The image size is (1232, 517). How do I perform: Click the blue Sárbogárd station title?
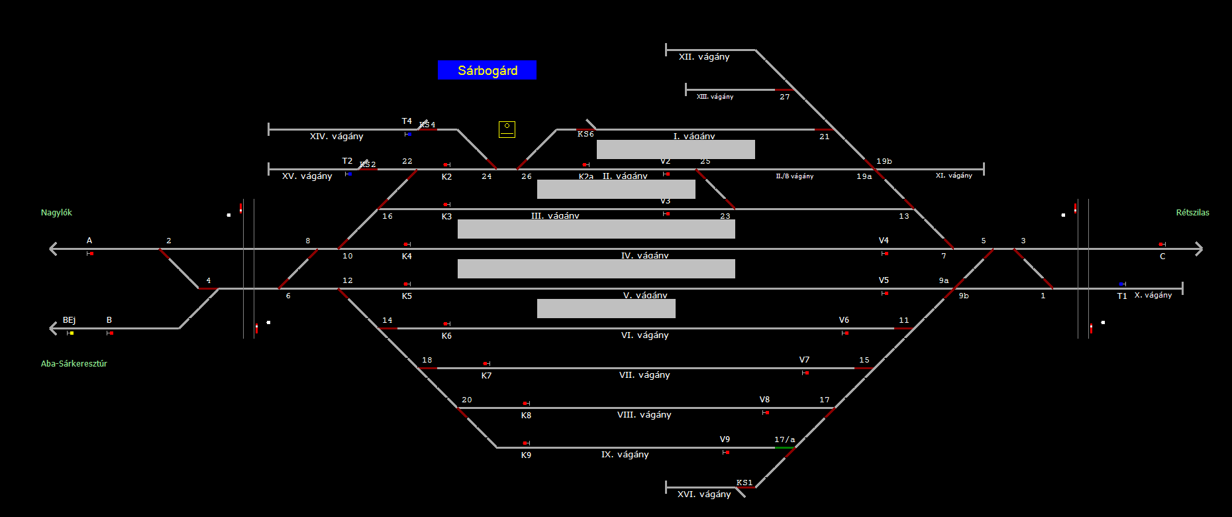487,70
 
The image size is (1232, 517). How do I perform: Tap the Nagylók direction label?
56,213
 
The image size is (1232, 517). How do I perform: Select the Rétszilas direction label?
1192,213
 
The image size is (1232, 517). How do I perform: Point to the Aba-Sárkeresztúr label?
74,364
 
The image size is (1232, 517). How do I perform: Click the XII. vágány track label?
704,57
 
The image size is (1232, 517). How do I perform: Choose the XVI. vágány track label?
704,494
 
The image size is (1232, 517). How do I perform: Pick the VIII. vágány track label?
644,415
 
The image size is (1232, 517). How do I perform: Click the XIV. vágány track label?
336,137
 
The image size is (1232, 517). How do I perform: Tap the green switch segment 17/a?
784,448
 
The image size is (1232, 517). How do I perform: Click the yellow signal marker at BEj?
71,333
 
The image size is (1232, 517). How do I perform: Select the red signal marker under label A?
91,253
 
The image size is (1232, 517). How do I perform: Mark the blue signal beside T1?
1121,284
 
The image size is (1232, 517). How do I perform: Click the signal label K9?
526,455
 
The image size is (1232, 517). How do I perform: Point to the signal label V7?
804,360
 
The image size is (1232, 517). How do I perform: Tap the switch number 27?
785,97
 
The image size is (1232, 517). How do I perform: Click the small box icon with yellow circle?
507,129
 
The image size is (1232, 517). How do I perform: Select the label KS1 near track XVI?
744,483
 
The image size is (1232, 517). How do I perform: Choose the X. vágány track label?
1153,295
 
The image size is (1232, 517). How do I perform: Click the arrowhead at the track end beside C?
1198,249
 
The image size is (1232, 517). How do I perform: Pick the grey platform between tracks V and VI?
606,308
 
